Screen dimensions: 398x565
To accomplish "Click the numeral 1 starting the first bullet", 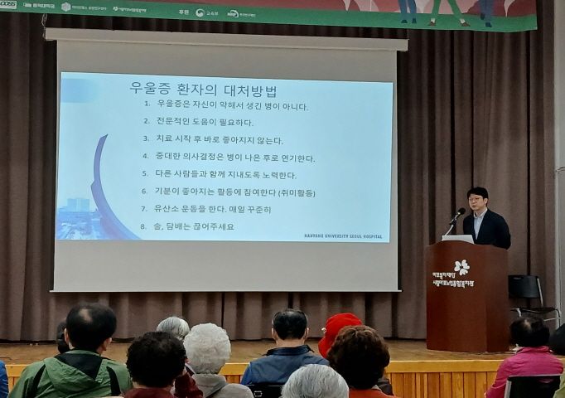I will pos(147,105).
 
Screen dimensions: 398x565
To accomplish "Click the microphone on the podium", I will pos(456,215).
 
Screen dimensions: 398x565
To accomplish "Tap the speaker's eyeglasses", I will pos(476,200).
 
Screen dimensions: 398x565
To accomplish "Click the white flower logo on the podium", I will pos(461,267).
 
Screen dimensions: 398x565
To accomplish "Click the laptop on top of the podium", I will pos(458,239).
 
